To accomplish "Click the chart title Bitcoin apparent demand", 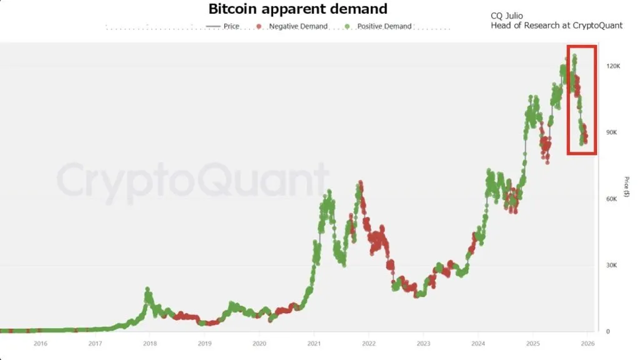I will pyautogui.click(x=297, y=9).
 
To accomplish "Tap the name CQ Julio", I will pyautogui.click(x=507, y=16).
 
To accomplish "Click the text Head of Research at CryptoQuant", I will pyautogui.click(x=556, y=26).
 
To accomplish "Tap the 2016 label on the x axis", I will pyautogui.click(x=40, y=343).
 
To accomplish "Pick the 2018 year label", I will pyautogui.click(x=149, y=343).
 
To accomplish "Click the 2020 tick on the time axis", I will pyautogui.click(x=259, y=343).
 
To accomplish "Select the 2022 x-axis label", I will pyautogui.click(x=369, y=343).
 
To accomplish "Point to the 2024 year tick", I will pyautogui.click(x=478, y=343).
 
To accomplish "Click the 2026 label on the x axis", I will pyautogui.click(x=587, y=343).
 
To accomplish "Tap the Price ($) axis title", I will pyautogui.click(x=626, y=188).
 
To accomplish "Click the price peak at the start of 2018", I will pyautogui.click(x=147, y=289).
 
